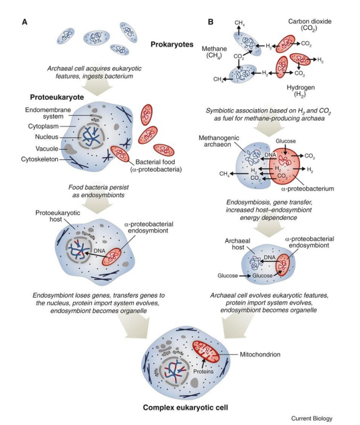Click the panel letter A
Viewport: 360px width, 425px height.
click(25, 22)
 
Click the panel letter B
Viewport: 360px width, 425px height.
click(212, 22)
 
